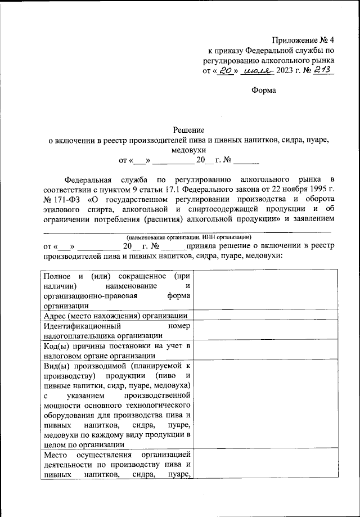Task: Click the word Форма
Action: click(x=263, y=90)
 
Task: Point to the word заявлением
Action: click(x=310, y=221)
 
